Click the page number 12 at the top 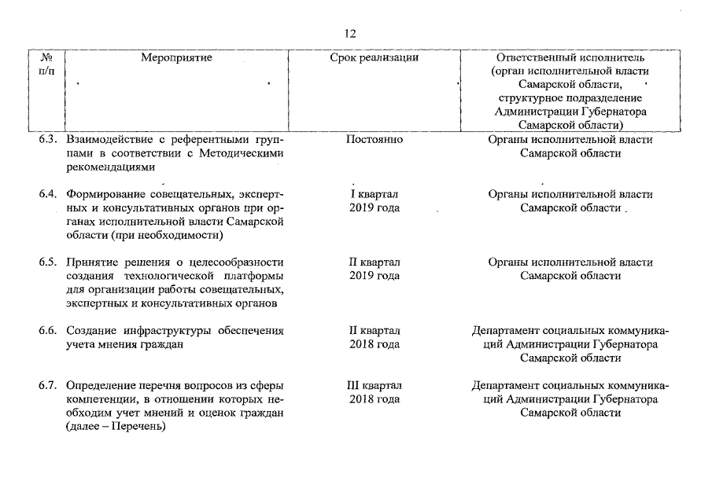[351, 34]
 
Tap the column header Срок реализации [374, 57]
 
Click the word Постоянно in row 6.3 [374, 140]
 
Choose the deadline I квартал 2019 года [374, 201]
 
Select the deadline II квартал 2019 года [374, 269]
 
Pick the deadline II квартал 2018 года [374, 336]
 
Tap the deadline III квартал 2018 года [374, 393]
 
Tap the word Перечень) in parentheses [139, 427]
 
